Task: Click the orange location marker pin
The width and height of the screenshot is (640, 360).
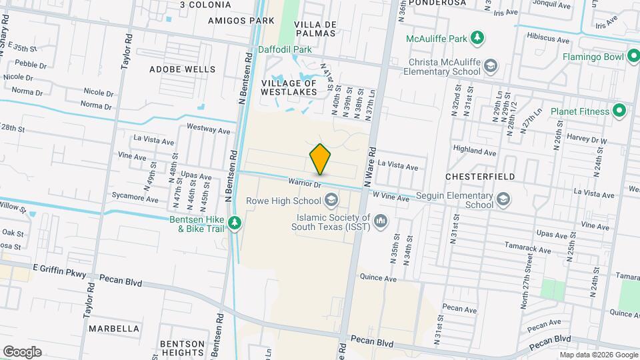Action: click(321, 159)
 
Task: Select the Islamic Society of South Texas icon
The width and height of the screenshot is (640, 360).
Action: click(381, 219)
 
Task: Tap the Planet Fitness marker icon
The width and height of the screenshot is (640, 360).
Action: click(619, 111)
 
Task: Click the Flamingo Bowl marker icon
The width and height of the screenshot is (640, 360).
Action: click(632, 57)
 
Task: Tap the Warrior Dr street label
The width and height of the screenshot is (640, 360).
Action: click(305, 182)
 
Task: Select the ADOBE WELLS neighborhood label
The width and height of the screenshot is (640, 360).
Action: click(182, 69)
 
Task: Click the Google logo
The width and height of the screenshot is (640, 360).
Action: click(22, 351)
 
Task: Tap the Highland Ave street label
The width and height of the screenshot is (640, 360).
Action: click(474, 152)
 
